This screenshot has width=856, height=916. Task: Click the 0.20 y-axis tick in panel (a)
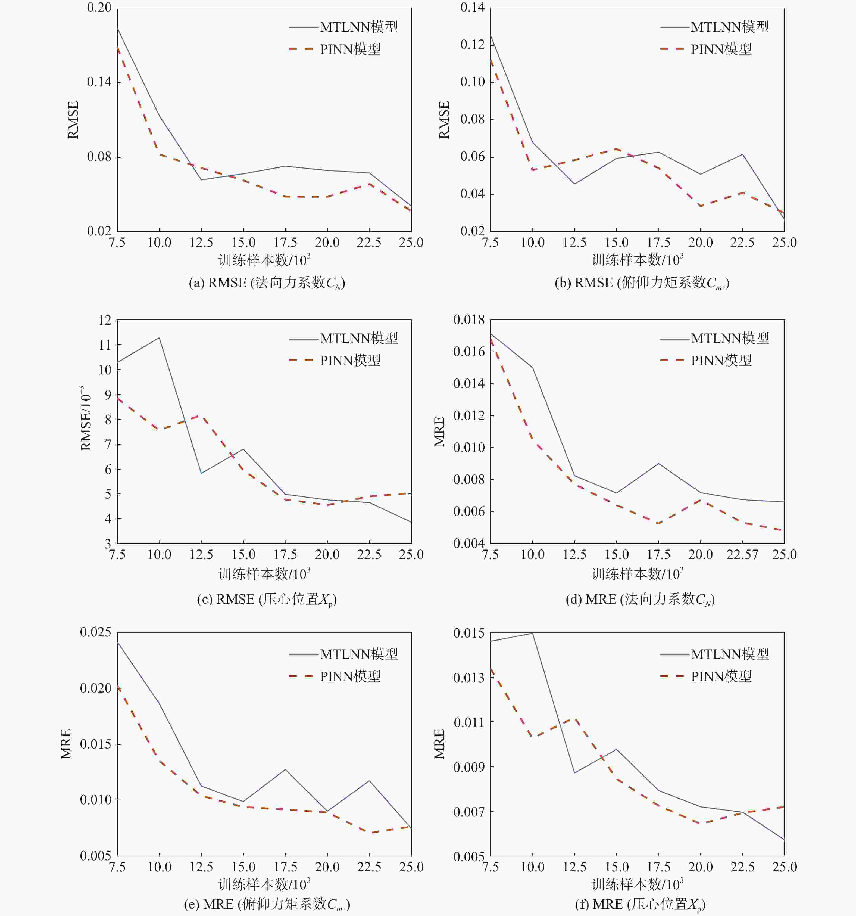tap(99, 8)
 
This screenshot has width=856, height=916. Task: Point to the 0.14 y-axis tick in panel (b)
tap(473, 8)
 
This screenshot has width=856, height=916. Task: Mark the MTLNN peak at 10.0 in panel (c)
tap(159, 338)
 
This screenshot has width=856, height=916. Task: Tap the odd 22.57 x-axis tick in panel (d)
tap(742, 555)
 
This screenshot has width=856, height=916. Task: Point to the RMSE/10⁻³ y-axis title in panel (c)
tap(86, 418)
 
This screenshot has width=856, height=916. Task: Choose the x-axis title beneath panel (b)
tap(637, 260)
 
